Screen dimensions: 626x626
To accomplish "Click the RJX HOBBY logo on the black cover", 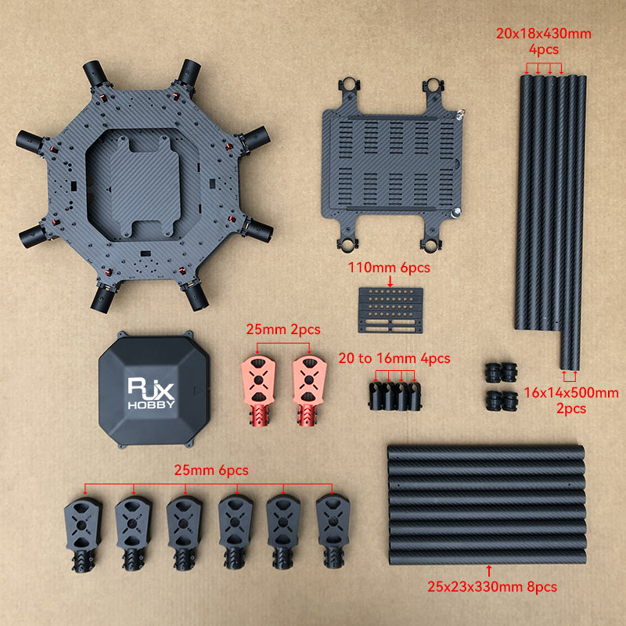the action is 151,394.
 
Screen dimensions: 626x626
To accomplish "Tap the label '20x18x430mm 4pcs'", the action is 544,41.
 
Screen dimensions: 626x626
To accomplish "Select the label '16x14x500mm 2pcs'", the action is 571,401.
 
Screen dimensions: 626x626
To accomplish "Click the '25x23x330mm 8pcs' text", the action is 492,587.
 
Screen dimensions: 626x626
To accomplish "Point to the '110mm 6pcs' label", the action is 389,268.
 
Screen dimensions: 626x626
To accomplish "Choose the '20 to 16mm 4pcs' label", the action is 394,358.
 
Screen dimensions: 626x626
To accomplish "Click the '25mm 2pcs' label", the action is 283,329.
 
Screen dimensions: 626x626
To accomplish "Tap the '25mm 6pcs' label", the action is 211,470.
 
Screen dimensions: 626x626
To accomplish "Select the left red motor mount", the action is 259,390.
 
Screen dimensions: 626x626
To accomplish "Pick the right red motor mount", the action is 309,390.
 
